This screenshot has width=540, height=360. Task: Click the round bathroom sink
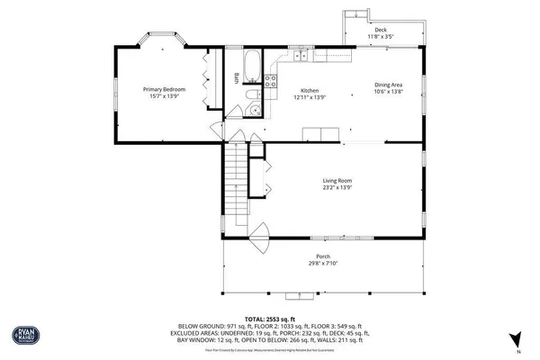(255, 111)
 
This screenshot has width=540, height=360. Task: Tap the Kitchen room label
(310, 90)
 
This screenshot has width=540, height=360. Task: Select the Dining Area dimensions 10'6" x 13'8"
(389, 92)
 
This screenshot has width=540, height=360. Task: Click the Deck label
(381, 31)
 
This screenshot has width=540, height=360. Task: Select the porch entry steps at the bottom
(294, 296)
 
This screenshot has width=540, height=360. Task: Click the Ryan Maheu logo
(24, 337)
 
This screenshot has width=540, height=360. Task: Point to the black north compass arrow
(517, 340)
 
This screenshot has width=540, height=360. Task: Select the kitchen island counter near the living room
(321, 136)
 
